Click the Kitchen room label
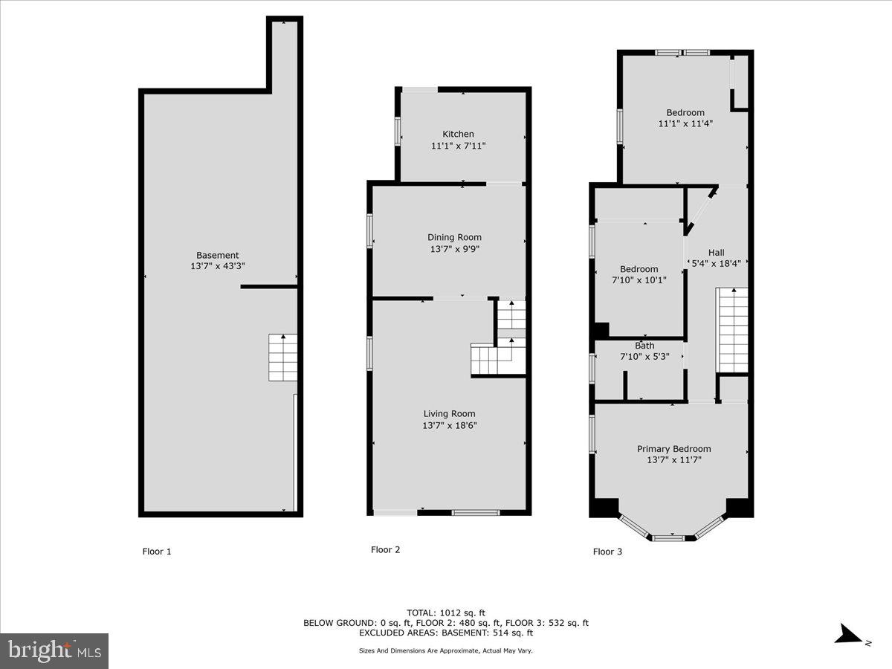(458, 134)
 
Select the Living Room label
(449, 414)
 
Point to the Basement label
(217, 255)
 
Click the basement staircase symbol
(283, 358)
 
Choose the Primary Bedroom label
(673, 449)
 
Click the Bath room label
(644, 346)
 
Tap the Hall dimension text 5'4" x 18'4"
(717, 263)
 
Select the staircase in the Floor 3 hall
(732, 330)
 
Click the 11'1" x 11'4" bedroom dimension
(685, 124)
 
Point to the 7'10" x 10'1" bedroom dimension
(639, 280)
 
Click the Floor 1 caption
(157, 552)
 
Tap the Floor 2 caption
(385, 550)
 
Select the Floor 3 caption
(607, 552)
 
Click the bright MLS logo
(54, 650)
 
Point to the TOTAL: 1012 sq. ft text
(445, 613)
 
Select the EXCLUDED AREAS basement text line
(445, 633)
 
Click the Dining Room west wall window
(369, 230)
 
